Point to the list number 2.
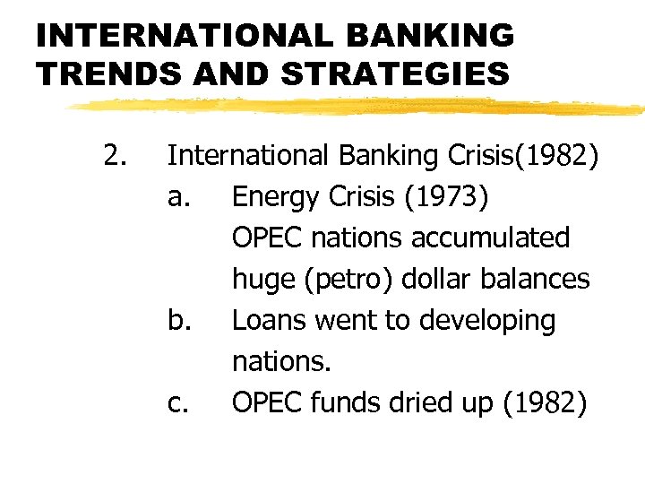point(114,157)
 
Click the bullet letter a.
point(177,198)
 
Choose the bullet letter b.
point(177,321)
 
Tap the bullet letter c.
point(177,404)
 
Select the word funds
point(351,403)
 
